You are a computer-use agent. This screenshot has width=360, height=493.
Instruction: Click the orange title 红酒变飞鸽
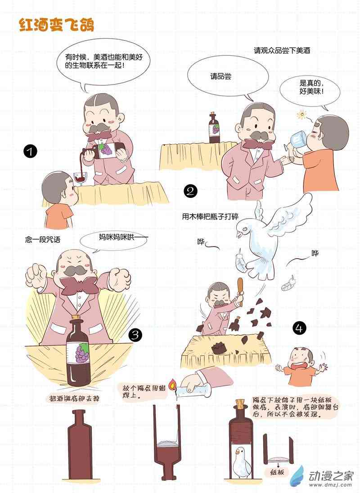coord(57,25)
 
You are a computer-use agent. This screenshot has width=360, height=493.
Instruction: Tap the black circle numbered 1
coord(30,152)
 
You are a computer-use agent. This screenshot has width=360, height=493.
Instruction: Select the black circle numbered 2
coord(190,191)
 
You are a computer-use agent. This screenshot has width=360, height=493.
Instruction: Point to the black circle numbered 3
coord(135,335)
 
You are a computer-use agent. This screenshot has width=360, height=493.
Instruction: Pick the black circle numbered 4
coord(299,328)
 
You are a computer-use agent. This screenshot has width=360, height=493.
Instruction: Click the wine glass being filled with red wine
coord(80,178)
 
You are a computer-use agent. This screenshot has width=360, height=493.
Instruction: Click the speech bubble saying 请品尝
coord(228,77)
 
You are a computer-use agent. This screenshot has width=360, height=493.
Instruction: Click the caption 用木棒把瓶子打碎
coord(210,217)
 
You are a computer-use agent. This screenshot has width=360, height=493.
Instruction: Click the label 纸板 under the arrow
coord(277,472)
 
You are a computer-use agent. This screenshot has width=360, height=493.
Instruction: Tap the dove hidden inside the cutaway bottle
coord(243,461)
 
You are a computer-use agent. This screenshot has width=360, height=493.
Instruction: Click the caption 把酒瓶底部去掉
coord(74,399)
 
